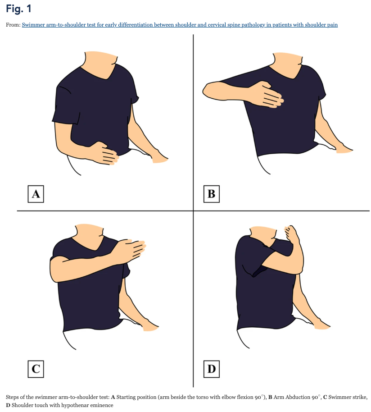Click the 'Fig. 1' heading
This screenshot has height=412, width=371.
(18, 9)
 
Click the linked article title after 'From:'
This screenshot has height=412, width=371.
(180, 25)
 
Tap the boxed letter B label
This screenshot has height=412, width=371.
(211, 194)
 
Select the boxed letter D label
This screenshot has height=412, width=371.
(211, 369)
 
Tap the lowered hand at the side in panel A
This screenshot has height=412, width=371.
(159, 157)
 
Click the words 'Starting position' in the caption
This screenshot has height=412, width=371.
(135, 397)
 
